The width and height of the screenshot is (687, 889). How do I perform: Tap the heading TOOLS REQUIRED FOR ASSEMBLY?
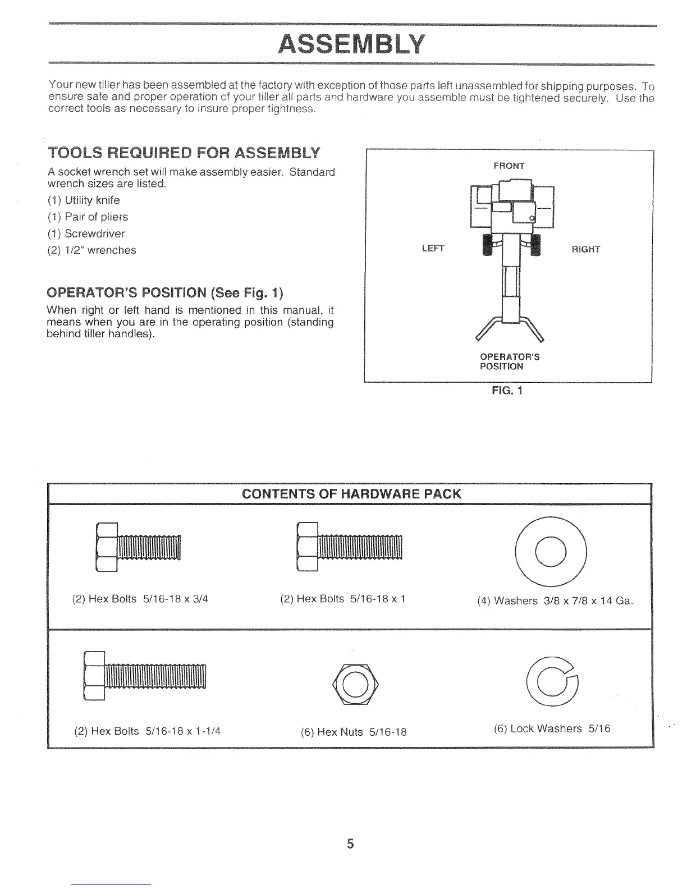point(184,153)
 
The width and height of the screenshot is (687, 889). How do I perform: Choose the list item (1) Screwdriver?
point(85,233)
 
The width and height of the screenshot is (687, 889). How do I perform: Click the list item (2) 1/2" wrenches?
point(91,250)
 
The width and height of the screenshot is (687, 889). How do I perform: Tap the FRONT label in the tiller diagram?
point(509,166)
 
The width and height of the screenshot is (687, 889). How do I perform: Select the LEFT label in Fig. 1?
point(432,249)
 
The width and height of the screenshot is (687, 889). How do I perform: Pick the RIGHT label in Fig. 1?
point(585,249)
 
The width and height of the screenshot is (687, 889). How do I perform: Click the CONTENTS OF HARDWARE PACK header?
point(351,494)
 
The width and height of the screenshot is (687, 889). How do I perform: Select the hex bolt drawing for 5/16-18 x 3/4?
point(139,547)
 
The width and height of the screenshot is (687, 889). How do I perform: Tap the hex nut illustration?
point(355,683)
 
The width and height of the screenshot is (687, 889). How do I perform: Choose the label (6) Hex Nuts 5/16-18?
point(354,732)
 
